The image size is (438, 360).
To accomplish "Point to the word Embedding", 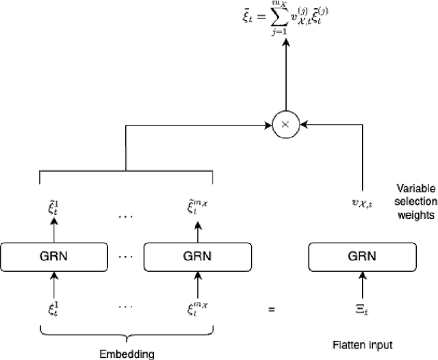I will pos(126,353).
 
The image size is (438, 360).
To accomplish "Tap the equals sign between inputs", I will pos(271,309).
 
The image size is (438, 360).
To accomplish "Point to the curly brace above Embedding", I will pos(126,333).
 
